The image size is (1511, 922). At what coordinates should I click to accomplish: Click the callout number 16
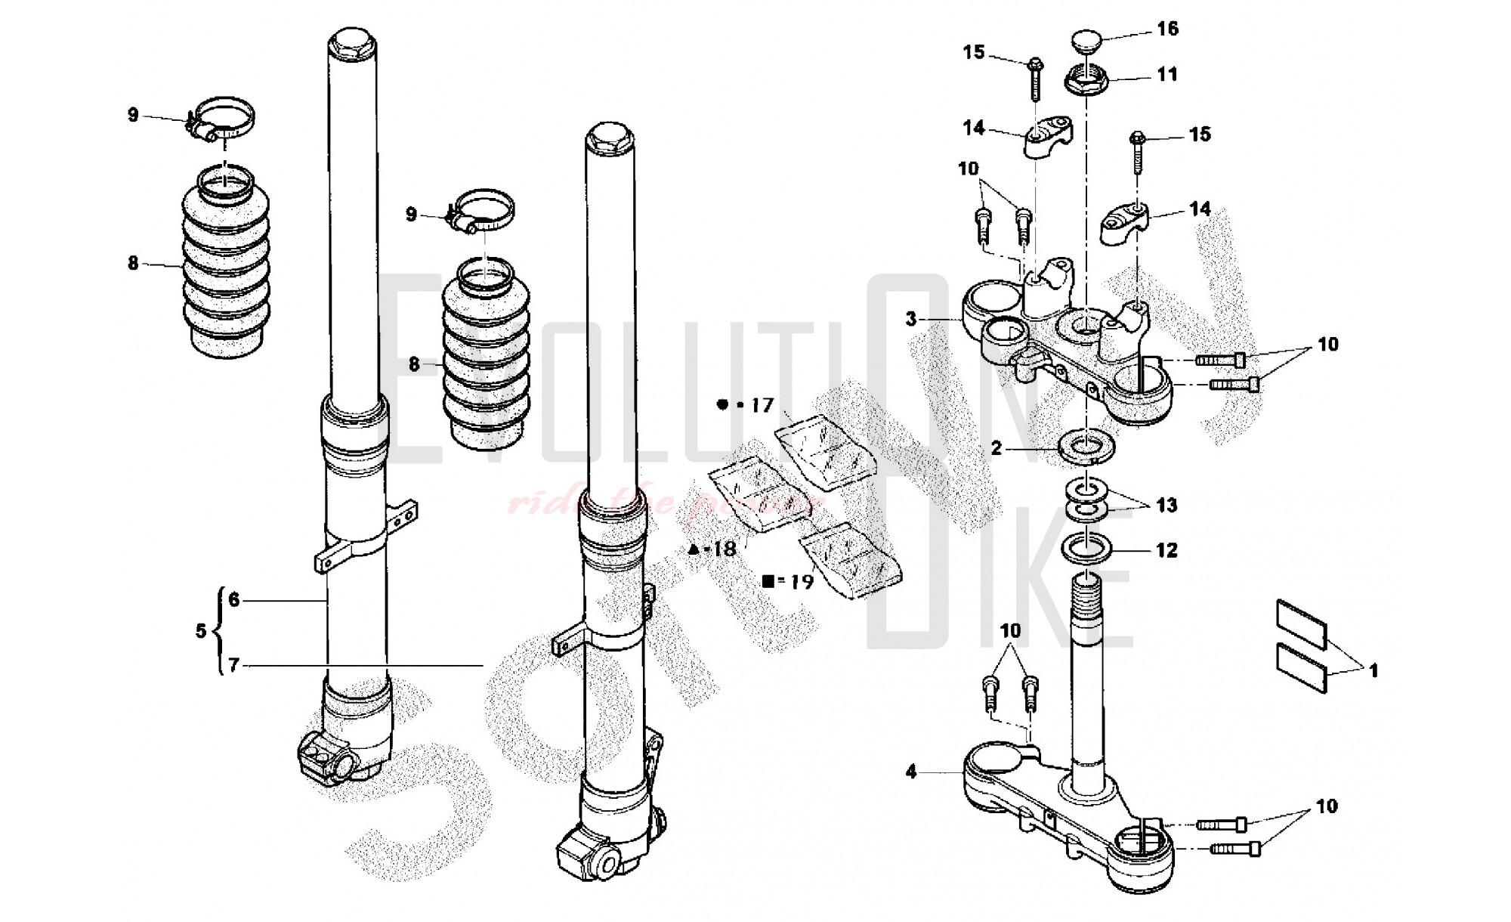pyautogui.click(x=1167, y=29)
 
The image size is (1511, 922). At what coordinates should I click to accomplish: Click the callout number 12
pyautogui.click(x=1166, y=550)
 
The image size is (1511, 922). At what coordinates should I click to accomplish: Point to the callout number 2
pyautogui.click(x=997, y=449)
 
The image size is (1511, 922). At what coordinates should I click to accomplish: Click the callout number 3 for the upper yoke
pyautogui.click(x=911, y=319)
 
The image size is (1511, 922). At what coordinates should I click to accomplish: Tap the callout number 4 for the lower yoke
pyautogui.click(x=911, y=772)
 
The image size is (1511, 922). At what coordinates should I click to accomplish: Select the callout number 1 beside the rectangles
pyautogui.click(x=1373, y=670)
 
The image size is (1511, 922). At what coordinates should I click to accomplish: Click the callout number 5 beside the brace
pyautogui.click(x=200, y=631)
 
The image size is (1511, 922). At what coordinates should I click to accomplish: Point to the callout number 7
pyautogui.click(x=233, y=666)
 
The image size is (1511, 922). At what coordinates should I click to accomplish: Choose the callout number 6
pyautogui.click(x=233, y=600)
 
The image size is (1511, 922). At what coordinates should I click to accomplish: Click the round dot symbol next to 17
pyautogui.click(x=722, y=405)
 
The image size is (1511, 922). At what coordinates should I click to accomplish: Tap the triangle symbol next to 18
pyautogui.click(x=694, y=549)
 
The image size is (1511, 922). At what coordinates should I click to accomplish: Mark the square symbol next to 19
pyautogui.click(x=768, y=581)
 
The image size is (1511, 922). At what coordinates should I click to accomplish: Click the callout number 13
pyautogui.click(x=1166, y=505)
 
